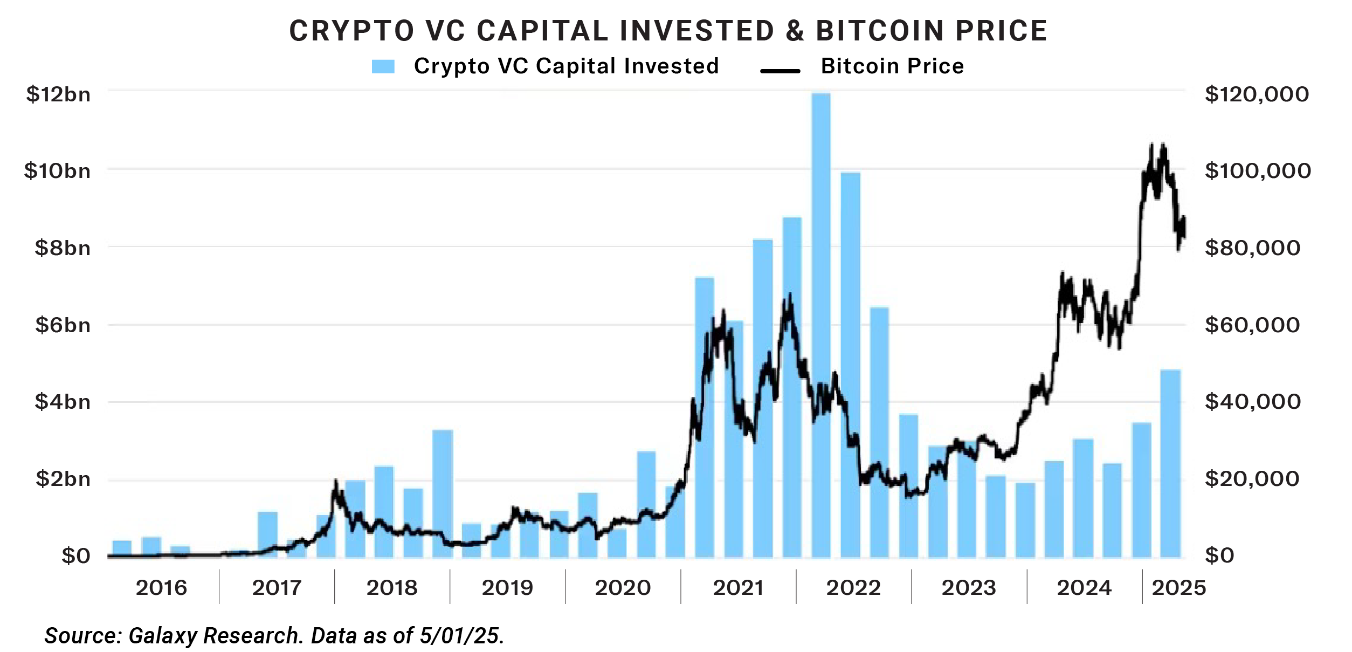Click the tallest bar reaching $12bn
[x=821, y=324]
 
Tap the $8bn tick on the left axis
[x=63, y=248]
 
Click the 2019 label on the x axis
[x=507, y=588]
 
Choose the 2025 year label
[x=1179, y=588]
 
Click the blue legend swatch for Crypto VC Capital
[x=383, y=67]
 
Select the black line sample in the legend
[x=780, y=71]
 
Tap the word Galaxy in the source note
[x=161, y=636]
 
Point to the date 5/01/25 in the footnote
[x=461, y=636]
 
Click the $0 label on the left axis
[x=75, y=556]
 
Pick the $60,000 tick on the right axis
[x=1253, y=325]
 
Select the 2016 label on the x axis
[x=161, y=588]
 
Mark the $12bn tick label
[x=58, y=94]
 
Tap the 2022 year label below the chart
[x=853, y=588]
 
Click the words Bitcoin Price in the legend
[x=892, y=66]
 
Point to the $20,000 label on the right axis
[x=1252, y=479]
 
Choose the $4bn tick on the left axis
[x=63, y=402]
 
